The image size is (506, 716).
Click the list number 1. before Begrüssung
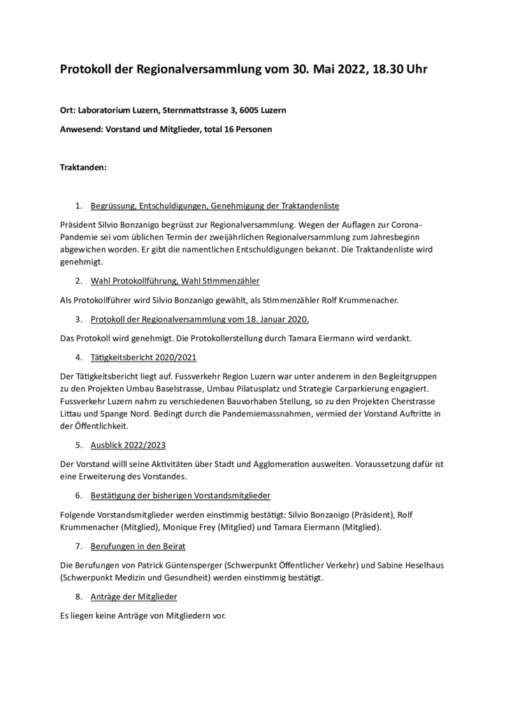pos(80,206)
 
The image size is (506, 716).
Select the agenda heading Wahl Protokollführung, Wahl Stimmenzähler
pos(175,280)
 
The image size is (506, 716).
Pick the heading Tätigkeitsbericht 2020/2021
pos(143,357)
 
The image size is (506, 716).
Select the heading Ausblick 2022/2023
pos(128,445)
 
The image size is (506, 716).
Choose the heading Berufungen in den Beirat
pos(138,545)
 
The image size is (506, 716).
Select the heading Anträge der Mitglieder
pos(133,596)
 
